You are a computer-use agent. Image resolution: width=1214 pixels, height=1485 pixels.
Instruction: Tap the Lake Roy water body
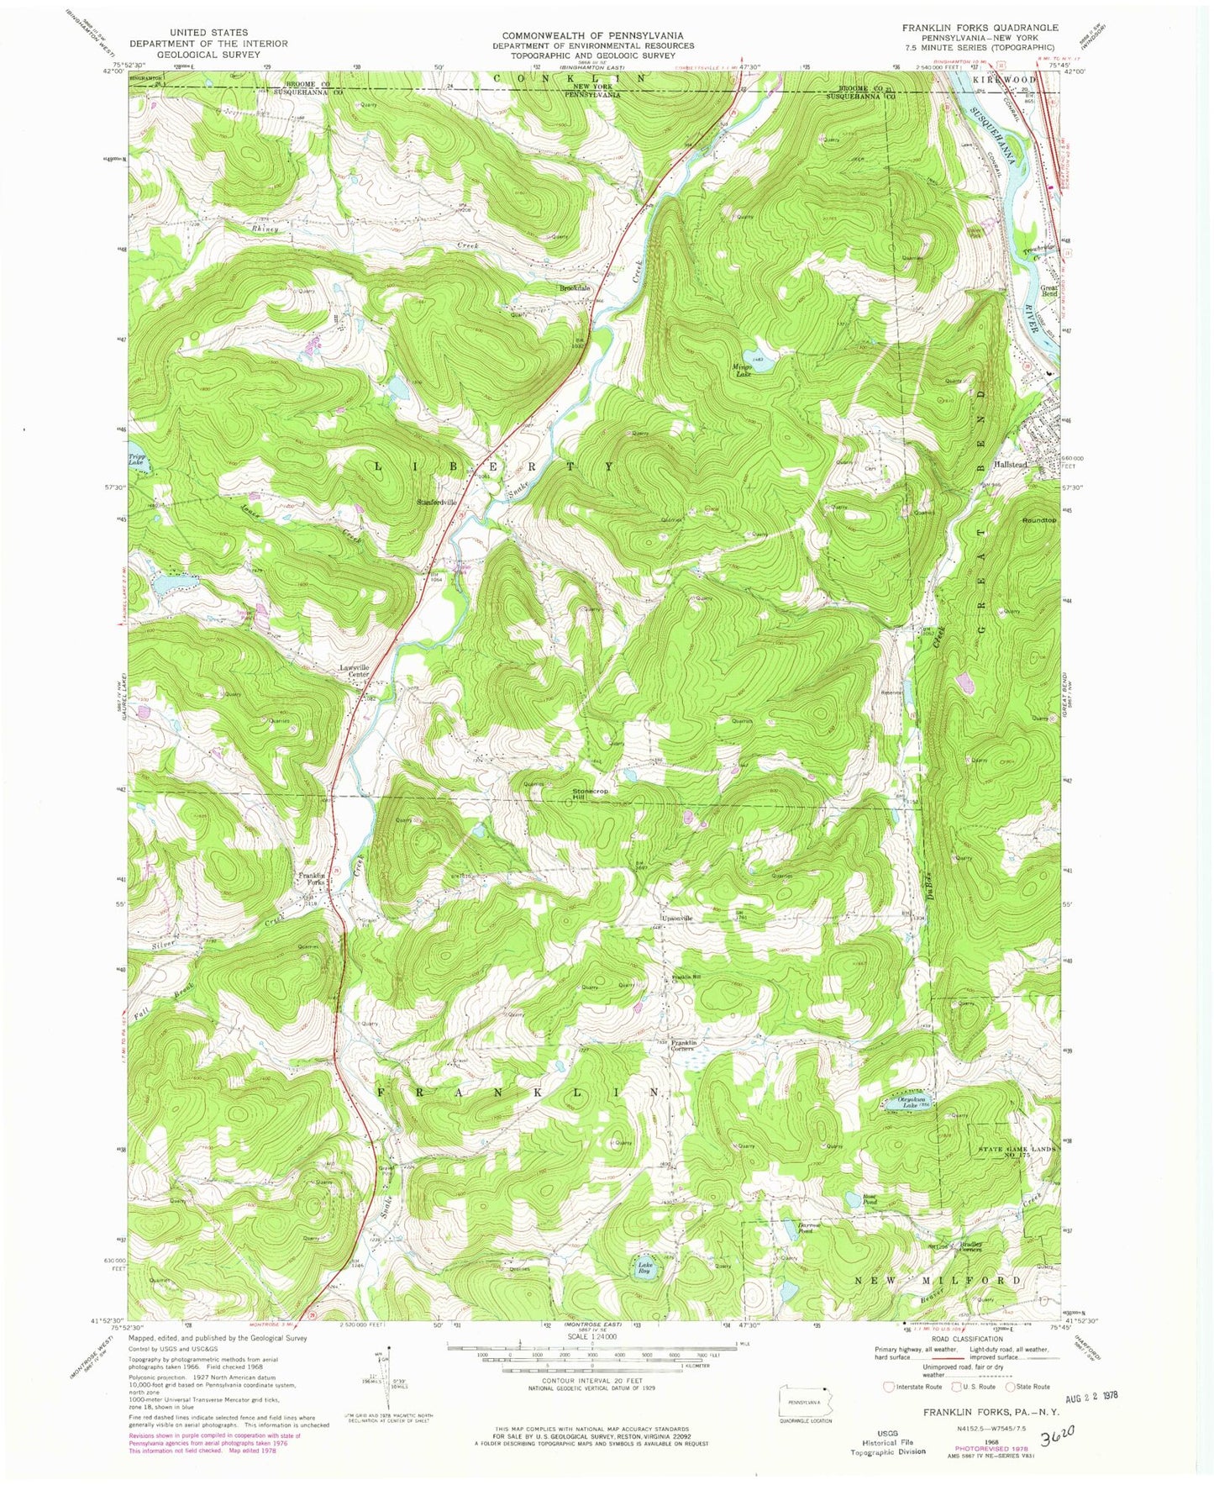644,1269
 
